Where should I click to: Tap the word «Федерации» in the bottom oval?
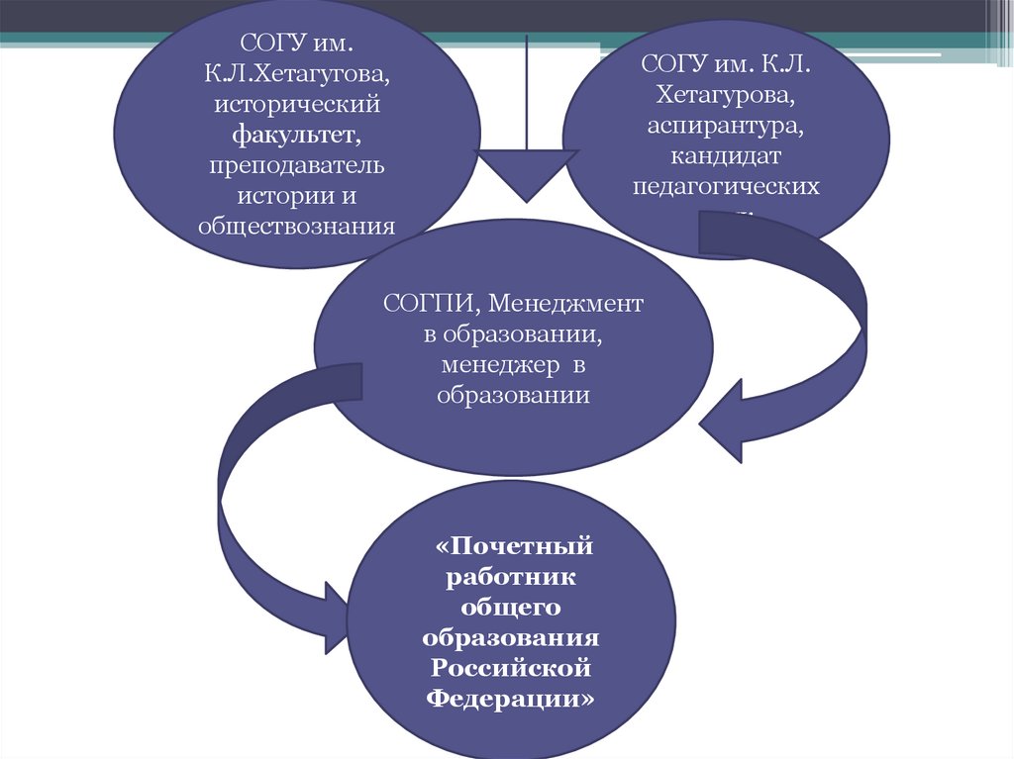click(513, 699)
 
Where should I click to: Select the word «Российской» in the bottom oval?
click(511, 667)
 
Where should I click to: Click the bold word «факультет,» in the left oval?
click(296, 133)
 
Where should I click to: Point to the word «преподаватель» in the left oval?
click(296, 163)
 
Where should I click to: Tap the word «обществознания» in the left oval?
click(296, 225)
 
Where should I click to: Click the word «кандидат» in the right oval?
click(726, 156)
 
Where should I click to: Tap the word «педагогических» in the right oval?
click(726, 186)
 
